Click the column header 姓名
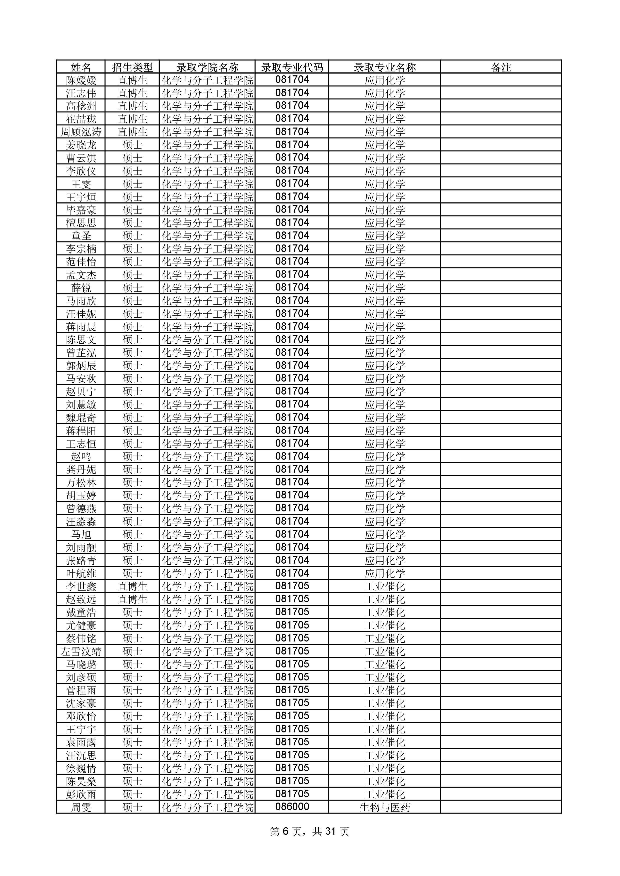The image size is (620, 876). click(81, 67)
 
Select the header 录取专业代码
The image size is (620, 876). click(292, 67)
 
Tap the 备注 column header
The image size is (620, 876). click(501, 67)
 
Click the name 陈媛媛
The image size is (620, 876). click(81, 80)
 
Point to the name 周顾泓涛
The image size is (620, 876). click(81, 132)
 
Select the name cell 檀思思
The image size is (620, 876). click(81, 223)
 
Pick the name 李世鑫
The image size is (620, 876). click(81, 586)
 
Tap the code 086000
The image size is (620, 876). click(292, 807)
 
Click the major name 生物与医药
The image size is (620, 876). click(384, 807)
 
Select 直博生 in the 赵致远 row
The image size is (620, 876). click(132, 599)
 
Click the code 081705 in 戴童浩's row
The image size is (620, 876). click(292, 612)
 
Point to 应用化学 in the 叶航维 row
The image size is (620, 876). click(384, 573)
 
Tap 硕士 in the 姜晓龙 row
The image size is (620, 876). click(132, 145)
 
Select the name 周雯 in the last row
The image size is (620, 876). click(81, 807)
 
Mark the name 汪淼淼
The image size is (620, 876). click(81, 522)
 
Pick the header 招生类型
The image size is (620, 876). click(132, 67)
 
